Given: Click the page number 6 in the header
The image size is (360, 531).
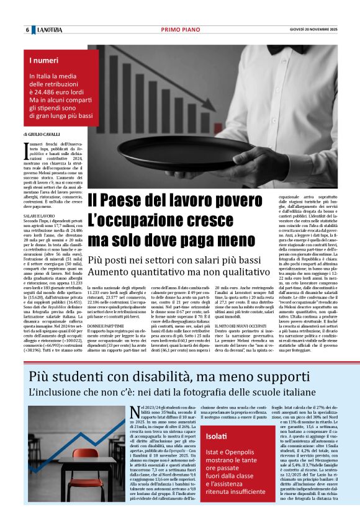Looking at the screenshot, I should tap(27, 30).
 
